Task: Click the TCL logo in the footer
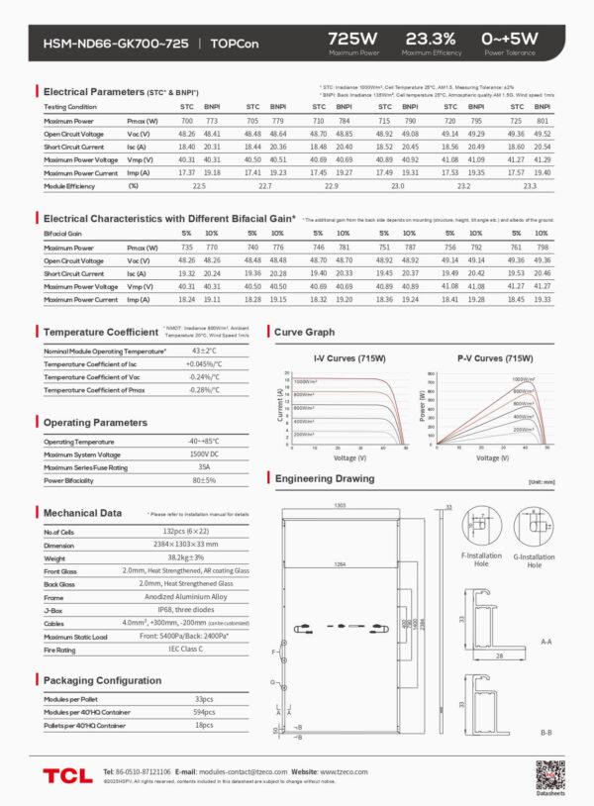click(66, 773)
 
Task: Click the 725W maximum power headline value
click(354, 38)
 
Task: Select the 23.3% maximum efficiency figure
click(431, 38)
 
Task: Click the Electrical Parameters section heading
click(94, 92)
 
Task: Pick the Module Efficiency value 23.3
click(529, 185)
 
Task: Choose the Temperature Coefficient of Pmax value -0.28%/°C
click(204, 390)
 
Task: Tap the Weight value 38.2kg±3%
click(204, 557)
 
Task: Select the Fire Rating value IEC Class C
click(204, 649)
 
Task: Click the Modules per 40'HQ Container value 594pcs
click(204, 712)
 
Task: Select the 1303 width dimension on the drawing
click(340, 505)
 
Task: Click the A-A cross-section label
click(546, 642)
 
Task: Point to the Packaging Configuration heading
click(102, 680)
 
